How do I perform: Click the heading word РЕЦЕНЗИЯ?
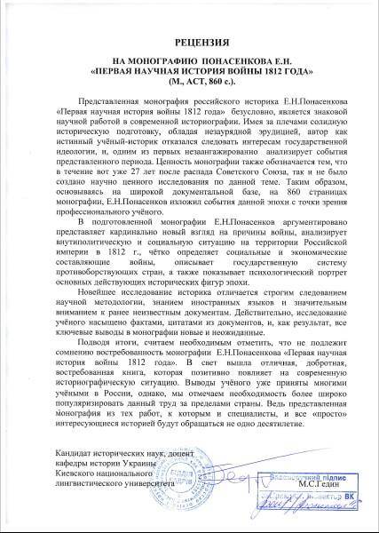189,42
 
